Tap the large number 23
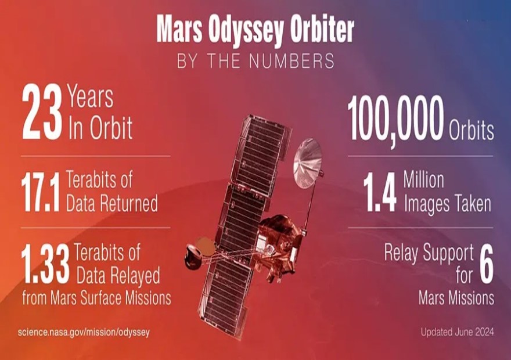[42, 112]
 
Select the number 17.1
[41, 192]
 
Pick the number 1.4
[380, 192]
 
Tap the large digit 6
[486, 264]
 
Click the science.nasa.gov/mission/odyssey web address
[84, 332]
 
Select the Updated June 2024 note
[457, 332]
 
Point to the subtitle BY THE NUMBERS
[255, 60]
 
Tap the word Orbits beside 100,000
[472, 131]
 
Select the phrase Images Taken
[448, 204]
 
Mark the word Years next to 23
[90, 97]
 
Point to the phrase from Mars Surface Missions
[96, 298]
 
